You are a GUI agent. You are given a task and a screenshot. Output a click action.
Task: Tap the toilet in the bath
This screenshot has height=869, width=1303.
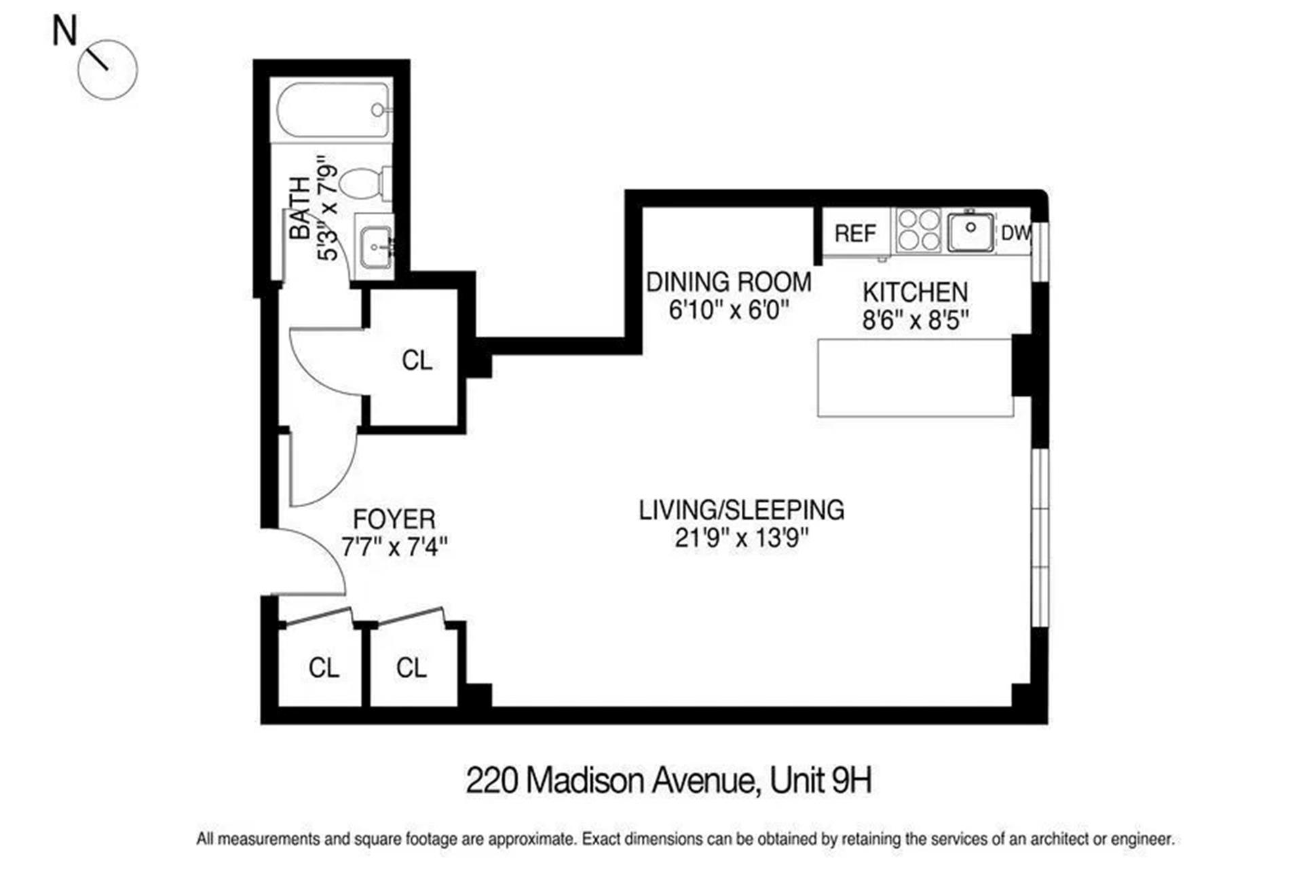point(363,183)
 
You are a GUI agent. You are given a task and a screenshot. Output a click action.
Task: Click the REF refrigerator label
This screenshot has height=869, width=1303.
point(855,234)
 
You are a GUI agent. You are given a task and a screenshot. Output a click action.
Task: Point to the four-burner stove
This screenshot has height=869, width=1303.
point(918,230)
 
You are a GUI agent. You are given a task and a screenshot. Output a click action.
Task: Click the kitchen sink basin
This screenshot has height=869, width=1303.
point(970,232)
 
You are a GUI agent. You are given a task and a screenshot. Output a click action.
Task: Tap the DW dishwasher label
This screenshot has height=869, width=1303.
point(1015,233)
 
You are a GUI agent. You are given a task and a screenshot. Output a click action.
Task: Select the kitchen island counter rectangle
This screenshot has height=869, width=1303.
point(915,377)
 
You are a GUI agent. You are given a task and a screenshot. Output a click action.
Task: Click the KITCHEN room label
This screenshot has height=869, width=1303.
point(915,293)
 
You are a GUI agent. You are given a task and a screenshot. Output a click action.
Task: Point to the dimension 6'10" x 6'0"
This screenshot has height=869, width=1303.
point(729,310)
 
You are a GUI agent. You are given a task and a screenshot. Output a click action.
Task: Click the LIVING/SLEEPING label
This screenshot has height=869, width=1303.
point(741,510)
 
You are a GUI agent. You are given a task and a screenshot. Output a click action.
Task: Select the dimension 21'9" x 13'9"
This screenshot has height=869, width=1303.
point(742,538)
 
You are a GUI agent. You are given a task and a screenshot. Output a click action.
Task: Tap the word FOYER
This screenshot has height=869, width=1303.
point(394,519)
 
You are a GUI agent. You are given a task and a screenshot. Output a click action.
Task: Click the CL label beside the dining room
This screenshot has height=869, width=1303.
point(417,360)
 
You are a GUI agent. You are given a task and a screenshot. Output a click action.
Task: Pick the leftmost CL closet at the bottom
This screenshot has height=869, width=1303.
point(323,668)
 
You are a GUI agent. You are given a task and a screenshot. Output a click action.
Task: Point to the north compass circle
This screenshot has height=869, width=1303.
point(107,70)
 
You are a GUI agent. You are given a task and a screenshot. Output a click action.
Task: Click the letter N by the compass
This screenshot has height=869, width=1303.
point(65,31)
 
